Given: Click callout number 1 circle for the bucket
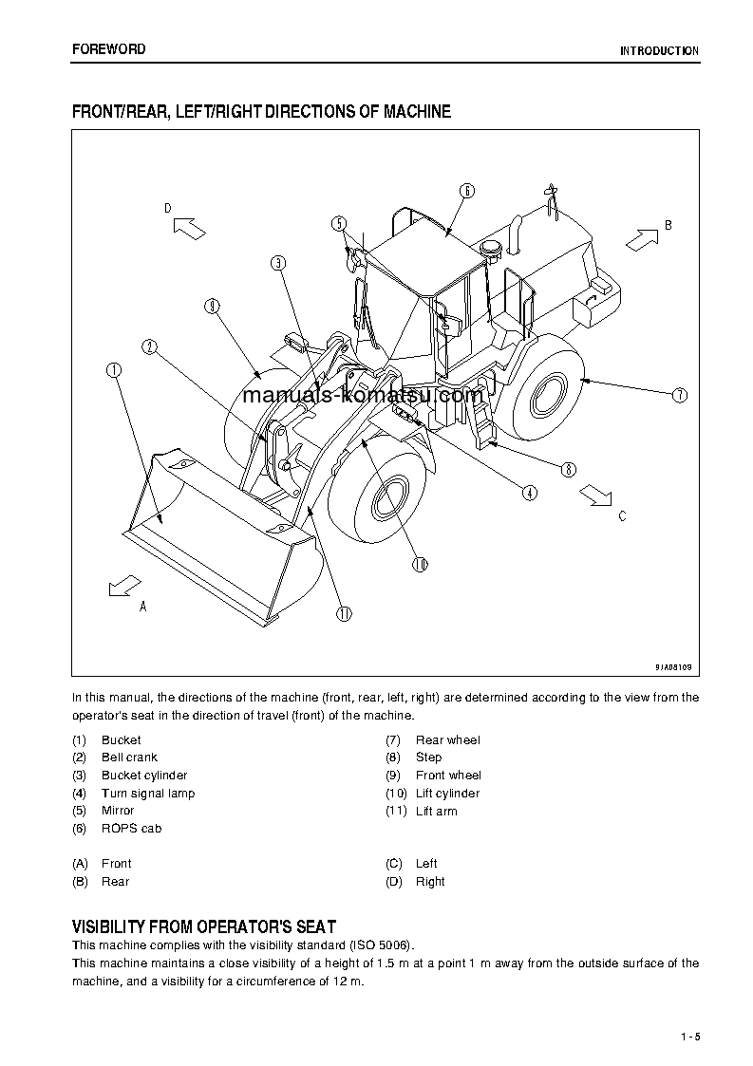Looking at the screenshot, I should coord(114,370).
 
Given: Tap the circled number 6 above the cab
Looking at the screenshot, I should coord(467,190).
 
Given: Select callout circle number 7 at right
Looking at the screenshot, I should coord(679,395).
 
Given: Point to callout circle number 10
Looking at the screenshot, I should coord(420,564).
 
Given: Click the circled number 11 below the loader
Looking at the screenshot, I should coord(344,613).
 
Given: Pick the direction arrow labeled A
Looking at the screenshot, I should coord(123,586).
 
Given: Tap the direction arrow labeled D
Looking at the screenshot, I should coord(190,227).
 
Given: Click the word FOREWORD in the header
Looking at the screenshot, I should coord(109,49).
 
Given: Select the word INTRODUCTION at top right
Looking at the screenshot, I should coord(659,51).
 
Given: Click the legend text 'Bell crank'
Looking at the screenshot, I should coord(129,757).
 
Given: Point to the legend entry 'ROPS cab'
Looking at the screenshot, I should coord(131,829).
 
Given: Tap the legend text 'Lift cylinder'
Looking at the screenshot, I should coord(447,794).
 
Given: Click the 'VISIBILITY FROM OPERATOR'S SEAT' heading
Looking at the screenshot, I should coord(204,926).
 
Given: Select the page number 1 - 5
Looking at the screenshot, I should coord(690,1037).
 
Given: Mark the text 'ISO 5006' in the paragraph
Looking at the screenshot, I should coord(386,945).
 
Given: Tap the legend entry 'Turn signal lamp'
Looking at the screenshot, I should coord(148,794).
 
